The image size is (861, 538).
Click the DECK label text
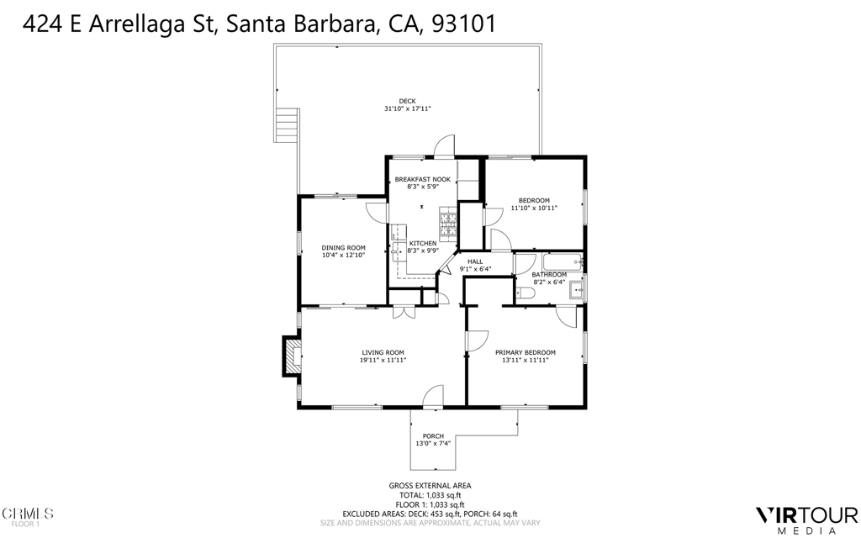point(407,101)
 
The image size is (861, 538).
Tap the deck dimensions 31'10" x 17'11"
point(407,109)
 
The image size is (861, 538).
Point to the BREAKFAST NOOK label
point(423,179)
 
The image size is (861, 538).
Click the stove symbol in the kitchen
point(447,224)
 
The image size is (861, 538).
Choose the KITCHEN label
point(423,243)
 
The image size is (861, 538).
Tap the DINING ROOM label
point(344,247)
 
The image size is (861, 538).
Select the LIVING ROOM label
point(383,352)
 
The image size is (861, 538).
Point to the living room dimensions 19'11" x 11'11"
point(383,361)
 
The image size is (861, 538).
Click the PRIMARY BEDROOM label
point(525,352)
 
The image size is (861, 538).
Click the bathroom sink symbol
point(577,291)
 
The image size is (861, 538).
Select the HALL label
point(475,261)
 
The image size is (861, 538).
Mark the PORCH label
point(433,435)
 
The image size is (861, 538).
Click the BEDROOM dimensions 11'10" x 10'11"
point(534,208)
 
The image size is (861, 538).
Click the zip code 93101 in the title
point(463,25)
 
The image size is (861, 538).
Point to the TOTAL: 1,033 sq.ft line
point(430,495)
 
